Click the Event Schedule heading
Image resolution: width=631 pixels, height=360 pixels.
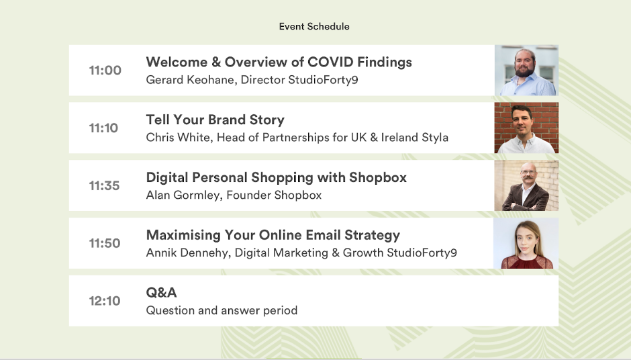[314, 27]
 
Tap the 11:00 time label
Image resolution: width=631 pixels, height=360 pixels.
[105, 71]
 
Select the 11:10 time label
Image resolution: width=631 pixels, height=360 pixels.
[103, 128]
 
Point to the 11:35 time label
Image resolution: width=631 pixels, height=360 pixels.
[104, 185]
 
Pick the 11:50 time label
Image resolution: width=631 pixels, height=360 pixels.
[105, 243]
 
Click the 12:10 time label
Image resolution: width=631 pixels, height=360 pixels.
[105, 301]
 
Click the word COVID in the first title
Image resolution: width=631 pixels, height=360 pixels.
[331, 62]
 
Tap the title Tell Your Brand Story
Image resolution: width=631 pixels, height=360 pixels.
[215, 120]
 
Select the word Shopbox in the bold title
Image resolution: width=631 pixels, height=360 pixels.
[378, 177]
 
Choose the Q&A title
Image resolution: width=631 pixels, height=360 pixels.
[161, 293]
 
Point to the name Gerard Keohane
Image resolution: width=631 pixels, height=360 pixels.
[191, 80]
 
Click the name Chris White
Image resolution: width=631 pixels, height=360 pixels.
[179, 137]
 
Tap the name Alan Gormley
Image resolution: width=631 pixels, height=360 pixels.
[183, 195]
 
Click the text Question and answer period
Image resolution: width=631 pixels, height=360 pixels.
[222, 310]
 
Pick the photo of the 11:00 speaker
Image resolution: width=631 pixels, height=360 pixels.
[526, 71]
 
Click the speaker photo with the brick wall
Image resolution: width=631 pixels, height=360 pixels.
[526, 128]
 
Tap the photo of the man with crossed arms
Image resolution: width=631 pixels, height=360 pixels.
[526, 185]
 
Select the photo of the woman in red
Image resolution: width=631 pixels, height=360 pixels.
[526, 243]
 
